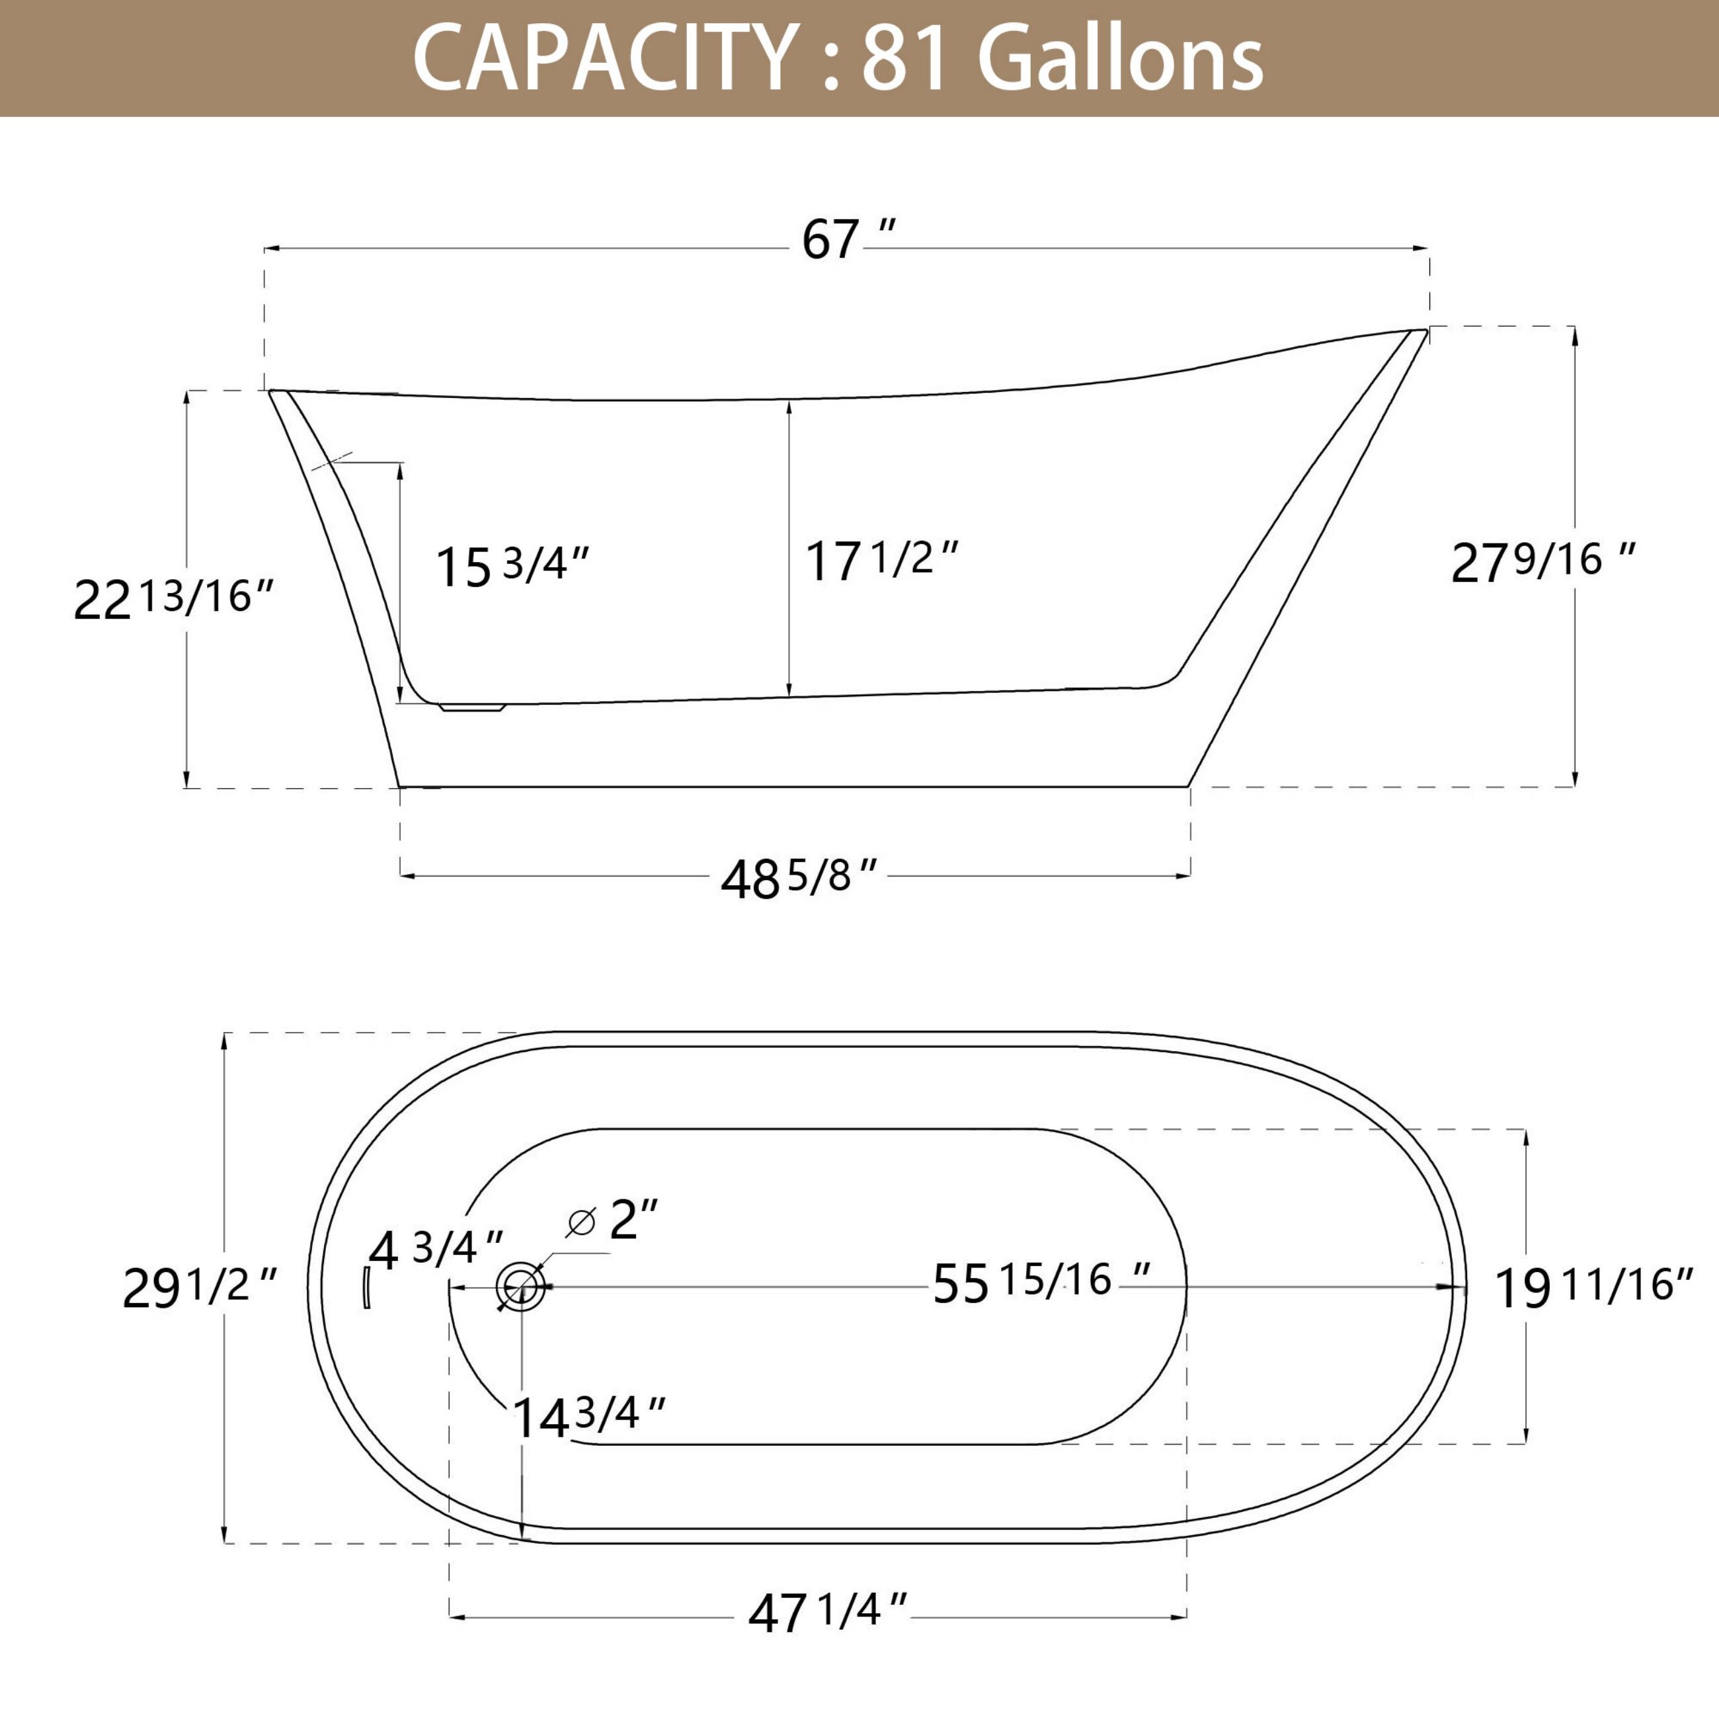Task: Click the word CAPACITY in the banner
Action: click(x=604, y=59)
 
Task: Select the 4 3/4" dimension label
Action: click(x=436, y=1250)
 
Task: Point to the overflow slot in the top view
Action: click(x=366, y=1287)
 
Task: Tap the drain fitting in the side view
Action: click(x=471, y=707)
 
